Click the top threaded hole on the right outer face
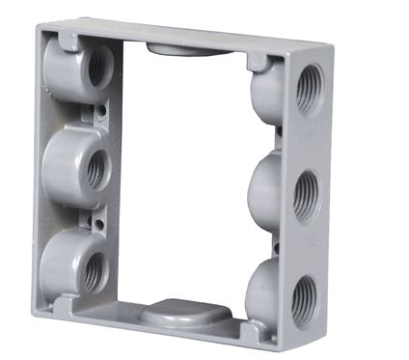point(310,88)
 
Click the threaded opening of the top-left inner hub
point(98,67)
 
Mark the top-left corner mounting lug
point(64,40)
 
